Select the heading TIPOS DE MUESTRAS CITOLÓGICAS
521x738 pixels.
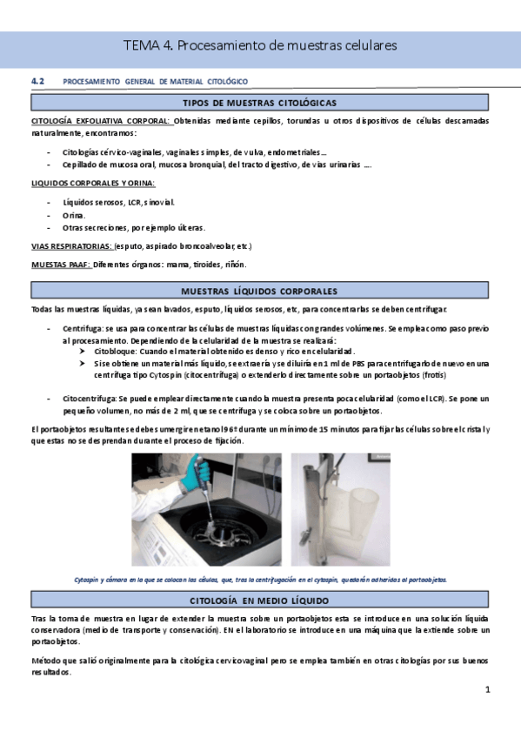tap(260, 103)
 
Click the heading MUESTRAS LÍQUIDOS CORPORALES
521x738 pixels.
tap(260, 291)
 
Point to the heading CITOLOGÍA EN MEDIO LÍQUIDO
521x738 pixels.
tap(260, 601)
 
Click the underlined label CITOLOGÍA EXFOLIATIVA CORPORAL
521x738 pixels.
tap(101, 120)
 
